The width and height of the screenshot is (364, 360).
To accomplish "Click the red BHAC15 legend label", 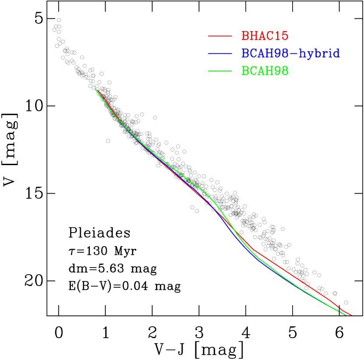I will click(x=265, y=36).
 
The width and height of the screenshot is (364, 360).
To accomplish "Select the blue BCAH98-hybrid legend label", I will click(x=290, y=53).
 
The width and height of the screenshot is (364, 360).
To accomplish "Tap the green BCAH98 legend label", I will click(x=265, y=71).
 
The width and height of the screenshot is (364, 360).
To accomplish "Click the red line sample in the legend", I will click(x=219, y=36).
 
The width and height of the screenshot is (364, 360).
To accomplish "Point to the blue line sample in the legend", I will click(x=219, y=53).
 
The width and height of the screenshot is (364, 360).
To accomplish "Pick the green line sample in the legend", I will click(x=219, y=71).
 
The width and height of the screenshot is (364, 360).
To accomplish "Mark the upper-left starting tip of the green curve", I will click(x=95, y=88).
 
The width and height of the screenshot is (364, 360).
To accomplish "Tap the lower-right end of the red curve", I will click(x=351, y=315).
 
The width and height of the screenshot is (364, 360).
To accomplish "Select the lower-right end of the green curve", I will click(x=346, y=314).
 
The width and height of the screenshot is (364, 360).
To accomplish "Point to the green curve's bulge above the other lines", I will click(x=202, y=190).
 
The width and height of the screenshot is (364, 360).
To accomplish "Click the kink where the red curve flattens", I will click(x=253, y=250).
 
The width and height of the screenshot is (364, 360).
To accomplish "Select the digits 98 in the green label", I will click(x=281, y=71).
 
